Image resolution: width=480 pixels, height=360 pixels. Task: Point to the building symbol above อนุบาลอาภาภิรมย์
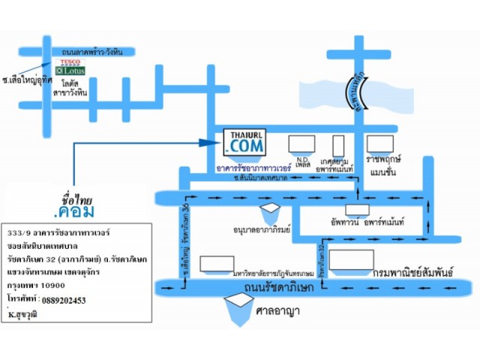coord(269,209)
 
